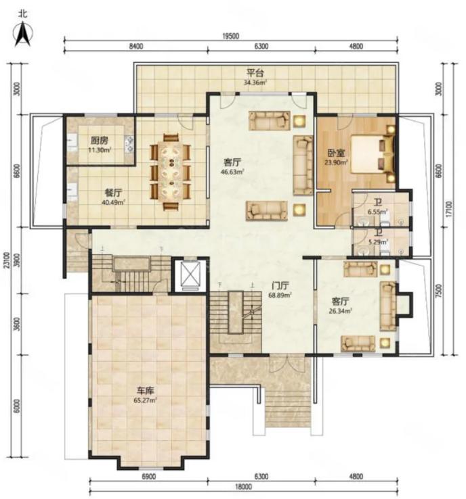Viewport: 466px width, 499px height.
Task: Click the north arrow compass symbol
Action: pos(23,34)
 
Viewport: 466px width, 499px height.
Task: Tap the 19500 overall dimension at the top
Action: pos(230,37)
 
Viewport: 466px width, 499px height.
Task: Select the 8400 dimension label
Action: pos(135,47)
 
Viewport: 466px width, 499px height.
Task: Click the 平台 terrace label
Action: pos(255,73)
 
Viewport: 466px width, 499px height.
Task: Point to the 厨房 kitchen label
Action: pos(100,141)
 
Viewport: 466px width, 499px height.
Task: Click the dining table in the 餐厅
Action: pos(171,172)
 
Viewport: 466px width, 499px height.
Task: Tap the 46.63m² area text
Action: pos(233,172)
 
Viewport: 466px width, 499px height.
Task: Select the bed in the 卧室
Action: pos(373,155)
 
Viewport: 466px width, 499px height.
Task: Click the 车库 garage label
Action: pos(146,391)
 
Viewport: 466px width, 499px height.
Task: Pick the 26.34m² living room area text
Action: pos(341,310)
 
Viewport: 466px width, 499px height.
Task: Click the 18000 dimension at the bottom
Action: pos(244,487)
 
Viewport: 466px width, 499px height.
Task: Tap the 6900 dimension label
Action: pos(148,477)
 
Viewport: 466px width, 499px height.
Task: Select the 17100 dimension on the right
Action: pos(449,209)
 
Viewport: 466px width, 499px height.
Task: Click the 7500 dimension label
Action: pos(439,291)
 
